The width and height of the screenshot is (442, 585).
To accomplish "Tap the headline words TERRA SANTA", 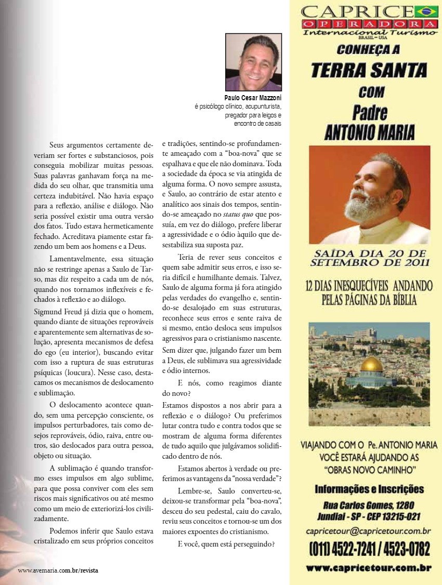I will pos(369,70).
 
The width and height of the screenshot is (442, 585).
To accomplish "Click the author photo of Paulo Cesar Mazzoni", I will pos(253,62).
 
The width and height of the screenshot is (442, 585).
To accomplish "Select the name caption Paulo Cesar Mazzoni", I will pos(253,98).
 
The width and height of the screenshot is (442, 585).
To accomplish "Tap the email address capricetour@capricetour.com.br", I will pos(368,530).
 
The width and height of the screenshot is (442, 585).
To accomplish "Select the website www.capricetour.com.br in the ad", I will pos(369,568).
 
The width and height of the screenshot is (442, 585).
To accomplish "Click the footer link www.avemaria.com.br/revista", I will pos(58,570).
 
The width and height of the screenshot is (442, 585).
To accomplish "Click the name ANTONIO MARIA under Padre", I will pos(369,132).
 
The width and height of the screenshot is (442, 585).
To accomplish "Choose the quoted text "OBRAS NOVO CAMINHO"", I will pos(369,470).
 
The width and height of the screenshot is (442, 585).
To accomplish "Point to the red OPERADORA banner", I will pos(369,24).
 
